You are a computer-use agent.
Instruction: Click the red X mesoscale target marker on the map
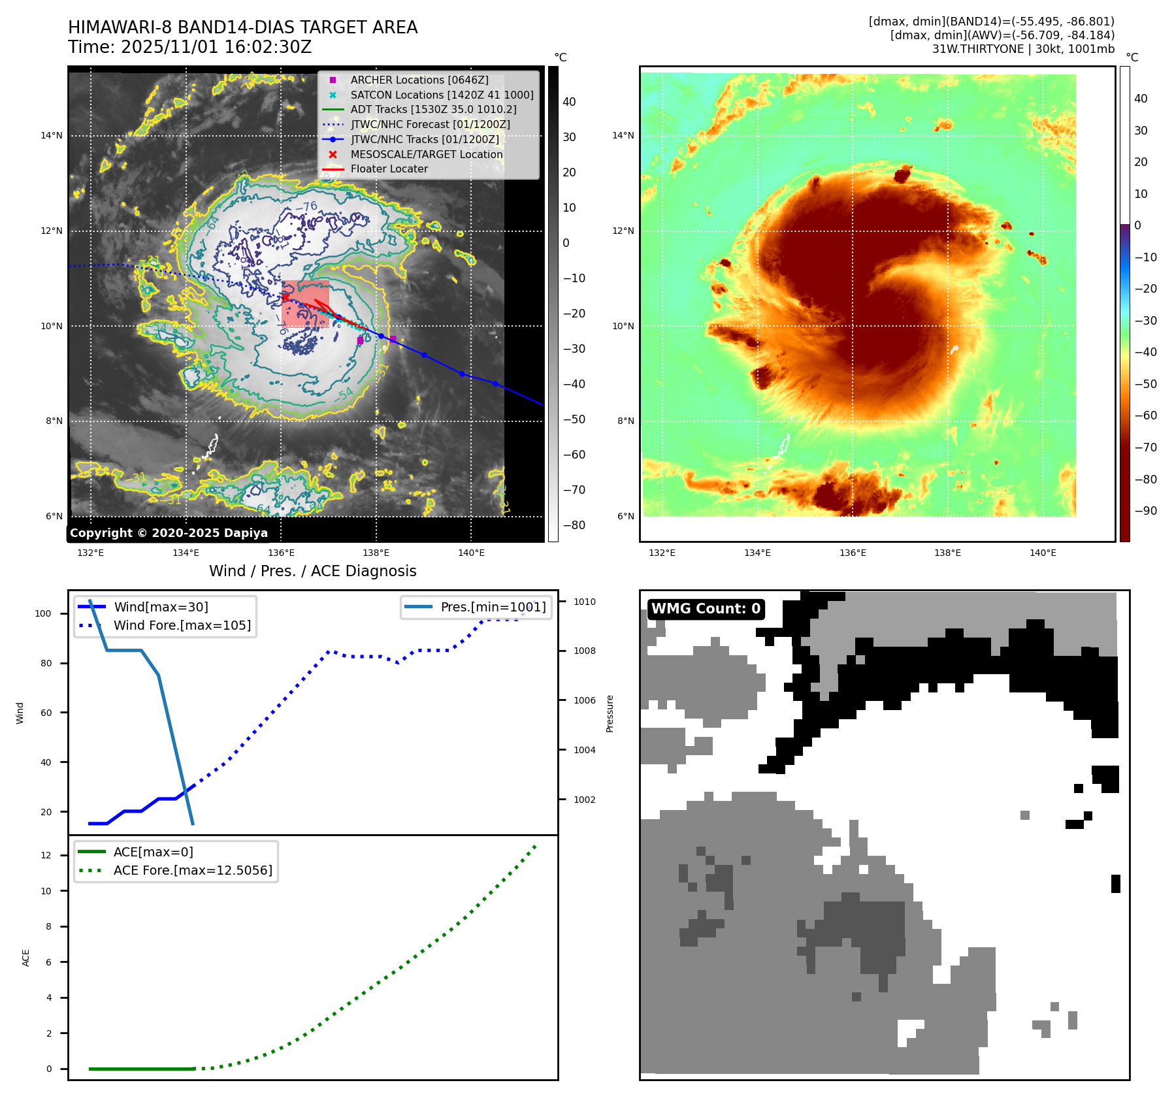[x=285, y=297]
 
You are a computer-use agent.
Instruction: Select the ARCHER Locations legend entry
[x=419, y=80]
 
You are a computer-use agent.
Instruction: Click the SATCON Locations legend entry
[x=442, y=95]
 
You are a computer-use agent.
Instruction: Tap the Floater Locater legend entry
[x=389, y=169]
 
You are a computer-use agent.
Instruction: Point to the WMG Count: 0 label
[x=706, y=609]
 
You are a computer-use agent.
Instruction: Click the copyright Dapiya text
[x=169, y=533]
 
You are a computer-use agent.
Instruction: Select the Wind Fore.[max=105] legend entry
[x=182, y=625]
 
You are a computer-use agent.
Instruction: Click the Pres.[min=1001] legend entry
[x=493, y=607]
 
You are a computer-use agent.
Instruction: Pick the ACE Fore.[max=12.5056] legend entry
[x=193, y=870]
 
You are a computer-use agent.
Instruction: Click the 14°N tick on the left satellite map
[x=52, y=136]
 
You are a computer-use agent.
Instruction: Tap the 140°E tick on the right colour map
[x=1043, y=553]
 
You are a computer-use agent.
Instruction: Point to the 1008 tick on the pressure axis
[x=585, y=651]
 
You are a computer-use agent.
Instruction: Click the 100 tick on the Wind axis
[x=43, y=613]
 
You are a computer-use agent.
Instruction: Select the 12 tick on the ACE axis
[x=46, y=855]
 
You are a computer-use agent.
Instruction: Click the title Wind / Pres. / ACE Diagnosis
[x=312, y=571]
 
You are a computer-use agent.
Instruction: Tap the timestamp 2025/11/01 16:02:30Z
[x=216, y=47]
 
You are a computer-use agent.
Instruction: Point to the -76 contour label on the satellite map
[x=306, y=207]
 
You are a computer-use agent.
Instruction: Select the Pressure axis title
[x=610, y=713]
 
